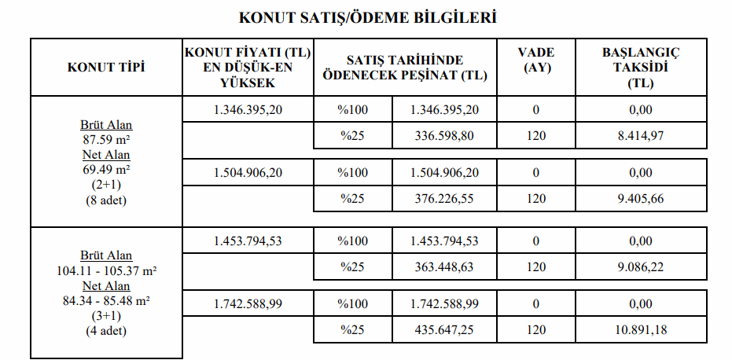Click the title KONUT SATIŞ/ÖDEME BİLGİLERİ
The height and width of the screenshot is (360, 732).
click(x=367, y=17)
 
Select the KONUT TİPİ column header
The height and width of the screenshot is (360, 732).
click(x=106, y=68)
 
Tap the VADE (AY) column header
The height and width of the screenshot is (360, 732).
click(x=537, y=61)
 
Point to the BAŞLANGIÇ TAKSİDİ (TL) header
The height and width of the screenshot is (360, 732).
click(x=640, y=68)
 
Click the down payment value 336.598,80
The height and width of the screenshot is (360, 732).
click(x=444, y=136)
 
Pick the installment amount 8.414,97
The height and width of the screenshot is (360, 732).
click(x=641, y=136)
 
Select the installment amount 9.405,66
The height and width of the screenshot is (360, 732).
click(x=641, y=199)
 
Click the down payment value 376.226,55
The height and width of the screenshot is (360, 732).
click(x=444, y=199)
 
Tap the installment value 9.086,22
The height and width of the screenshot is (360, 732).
click(x=641, y=267)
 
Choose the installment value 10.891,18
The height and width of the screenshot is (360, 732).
click(x=641, y=330)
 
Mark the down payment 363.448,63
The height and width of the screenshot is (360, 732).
click(x=444, y=267)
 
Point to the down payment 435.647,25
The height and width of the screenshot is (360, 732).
click(x=444, y=330)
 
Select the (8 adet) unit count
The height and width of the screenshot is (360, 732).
click(x=106, y=200)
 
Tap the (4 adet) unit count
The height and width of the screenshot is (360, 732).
click(x=106, y=331)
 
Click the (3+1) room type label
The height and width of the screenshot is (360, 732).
click(x=106, y=316)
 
